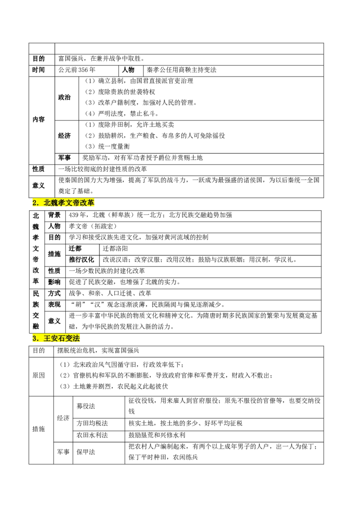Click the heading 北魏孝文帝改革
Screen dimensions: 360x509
tap(63, 203)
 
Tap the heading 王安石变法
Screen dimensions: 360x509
tap(56, 338)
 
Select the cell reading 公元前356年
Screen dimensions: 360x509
tap(76, 70)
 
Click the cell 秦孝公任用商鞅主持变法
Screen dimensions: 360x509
tap(181, 70)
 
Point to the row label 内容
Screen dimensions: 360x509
tap(38, 120)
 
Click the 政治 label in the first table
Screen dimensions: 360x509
tap(64, 98)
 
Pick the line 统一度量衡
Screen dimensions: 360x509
tap(107, 147)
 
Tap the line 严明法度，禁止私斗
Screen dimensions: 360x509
tap(122, 114)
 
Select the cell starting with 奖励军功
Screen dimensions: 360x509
tap(142, 158)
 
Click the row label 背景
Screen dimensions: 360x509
tap(54, 215)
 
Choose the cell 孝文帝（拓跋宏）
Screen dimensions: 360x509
tap(93, 226)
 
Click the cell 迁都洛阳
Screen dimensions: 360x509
tap(115, 249)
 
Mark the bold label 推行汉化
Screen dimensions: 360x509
tap(81, 260)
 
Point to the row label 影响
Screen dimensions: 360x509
tap(54, 282)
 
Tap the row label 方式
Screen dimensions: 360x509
tap(54, 294)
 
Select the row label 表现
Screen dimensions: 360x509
tap(54, 304)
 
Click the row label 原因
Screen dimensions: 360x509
tap(38, 375)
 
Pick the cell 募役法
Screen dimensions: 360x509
tap(86, 406)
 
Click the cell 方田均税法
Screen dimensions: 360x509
tap(92, 423)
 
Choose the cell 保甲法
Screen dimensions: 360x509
tap(86, 452)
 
